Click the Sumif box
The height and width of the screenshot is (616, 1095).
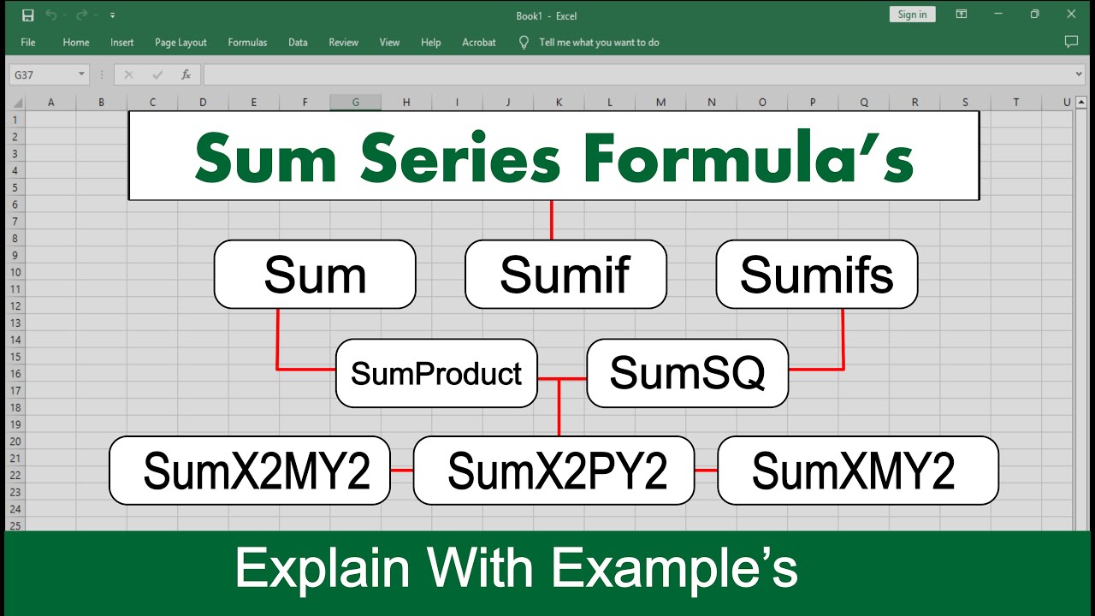coord(565,274)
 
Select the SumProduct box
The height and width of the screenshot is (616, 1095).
coord(436,373)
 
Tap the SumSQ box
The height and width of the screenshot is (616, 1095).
coord(687,373)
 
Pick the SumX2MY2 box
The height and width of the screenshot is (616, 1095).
coord(250,471)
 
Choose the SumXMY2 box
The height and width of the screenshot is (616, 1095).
coord(857,471)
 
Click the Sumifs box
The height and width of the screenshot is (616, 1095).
coord(816,274)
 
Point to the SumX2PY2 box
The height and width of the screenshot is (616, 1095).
coord(553,471)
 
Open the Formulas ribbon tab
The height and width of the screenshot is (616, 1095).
coord(247,42)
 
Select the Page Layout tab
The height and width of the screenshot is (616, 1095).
coord(181,42)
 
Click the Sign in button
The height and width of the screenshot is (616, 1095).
coord(912,15)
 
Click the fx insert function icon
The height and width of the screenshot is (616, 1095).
coord(186,74)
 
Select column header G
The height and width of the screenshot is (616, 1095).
coord(355,103)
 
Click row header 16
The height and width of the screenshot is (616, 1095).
coord(15,373)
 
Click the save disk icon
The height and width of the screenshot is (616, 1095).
coord(27,15)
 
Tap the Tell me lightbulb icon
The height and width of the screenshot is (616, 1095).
coord(524,42)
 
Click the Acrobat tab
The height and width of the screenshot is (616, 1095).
coord(479,42)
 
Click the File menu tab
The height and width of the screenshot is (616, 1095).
coord(28,42)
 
